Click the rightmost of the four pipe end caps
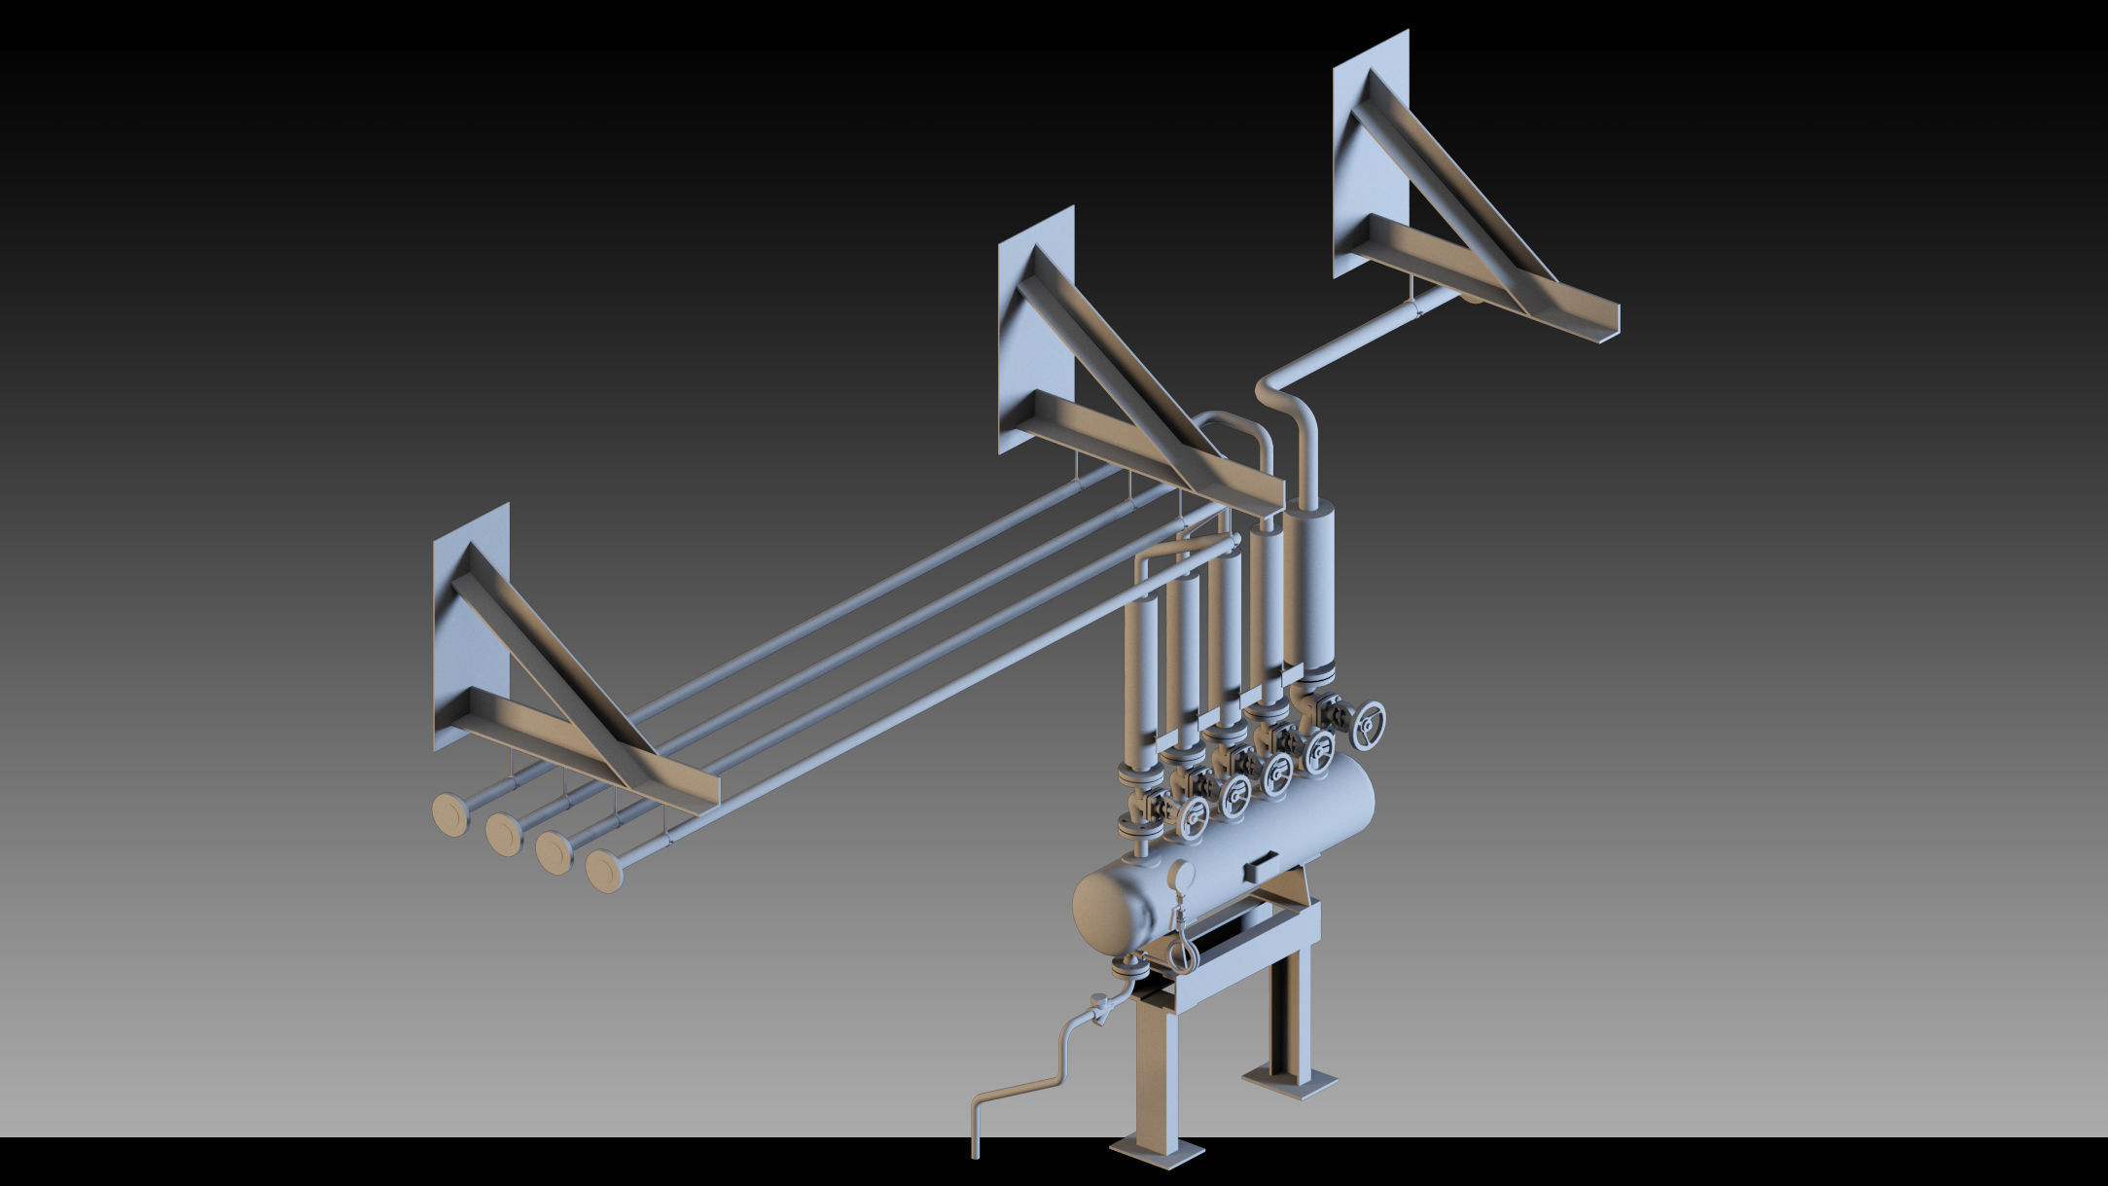click(x=604, y=871)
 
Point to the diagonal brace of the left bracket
click(x=554, y=652)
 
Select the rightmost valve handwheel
click(x=1371, y=725)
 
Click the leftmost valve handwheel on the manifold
click(x=1193, y=819)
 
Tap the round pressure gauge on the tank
click(x=1182, y=876)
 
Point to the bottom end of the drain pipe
click(x=975, y=1150)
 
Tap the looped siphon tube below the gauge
click(x=1183, y=949)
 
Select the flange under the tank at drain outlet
click(x=1129, y=967)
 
